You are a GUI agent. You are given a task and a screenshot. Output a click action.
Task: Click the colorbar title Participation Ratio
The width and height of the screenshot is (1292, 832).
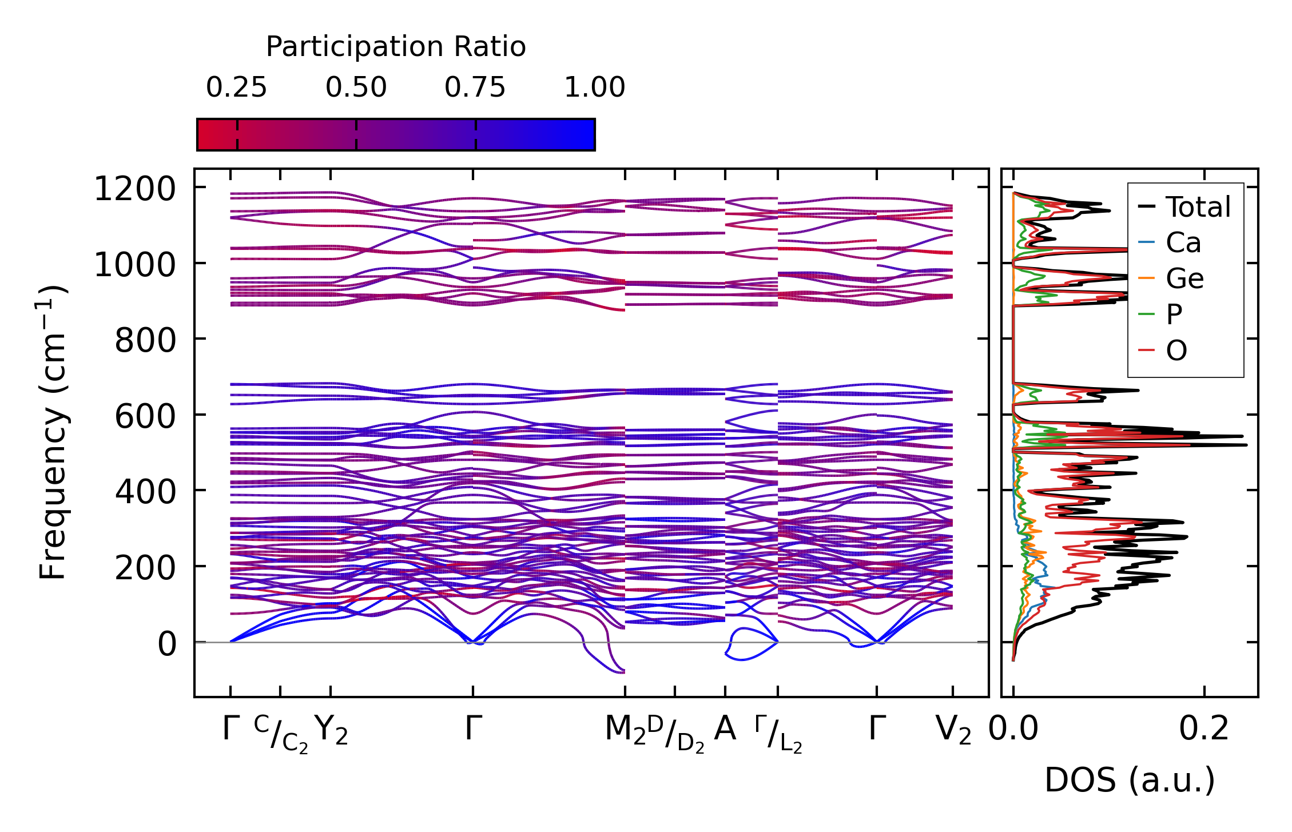tap(396, 46)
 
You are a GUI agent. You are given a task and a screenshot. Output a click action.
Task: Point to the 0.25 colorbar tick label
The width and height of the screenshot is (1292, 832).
tap(236, 87)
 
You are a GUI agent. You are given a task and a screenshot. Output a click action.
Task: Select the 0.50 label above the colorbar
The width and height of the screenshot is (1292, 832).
tap(356, 87)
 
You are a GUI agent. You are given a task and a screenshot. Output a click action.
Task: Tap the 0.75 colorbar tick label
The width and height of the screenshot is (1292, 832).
tap(475, 87)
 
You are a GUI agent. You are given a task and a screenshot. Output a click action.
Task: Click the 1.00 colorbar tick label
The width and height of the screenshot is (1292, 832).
tap(594, 87)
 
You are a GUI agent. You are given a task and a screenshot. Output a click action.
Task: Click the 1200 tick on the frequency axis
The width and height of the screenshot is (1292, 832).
tap(134, 189)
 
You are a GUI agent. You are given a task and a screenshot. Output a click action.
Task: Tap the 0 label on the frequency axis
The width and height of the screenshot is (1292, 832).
tap(167, 643)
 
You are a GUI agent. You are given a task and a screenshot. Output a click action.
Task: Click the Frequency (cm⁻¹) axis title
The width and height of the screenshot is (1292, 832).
tap(53, 432)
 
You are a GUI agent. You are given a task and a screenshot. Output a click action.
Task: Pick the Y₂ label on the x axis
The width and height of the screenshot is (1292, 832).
tap(331, 730)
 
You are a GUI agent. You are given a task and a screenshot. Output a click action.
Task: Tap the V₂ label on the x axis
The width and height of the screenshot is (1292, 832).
tap(953, 730)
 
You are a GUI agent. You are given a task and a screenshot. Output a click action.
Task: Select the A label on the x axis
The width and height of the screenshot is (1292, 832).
tap(725, 729)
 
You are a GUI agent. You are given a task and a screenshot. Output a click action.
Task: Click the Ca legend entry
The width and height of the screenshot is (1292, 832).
tap(1183, 242)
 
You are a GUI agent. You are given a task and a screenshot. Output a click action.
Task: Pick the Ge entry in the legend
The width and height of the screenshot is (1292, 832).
tap(1184, 278)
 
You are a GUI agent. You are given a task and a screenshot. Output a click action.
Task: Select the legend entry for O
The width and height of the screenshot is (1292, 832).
tap(1176, 350)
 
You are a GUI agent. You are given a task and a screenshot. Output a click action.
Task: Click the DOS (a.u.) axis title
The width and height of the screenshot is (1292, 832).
tap(1130, 780)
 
